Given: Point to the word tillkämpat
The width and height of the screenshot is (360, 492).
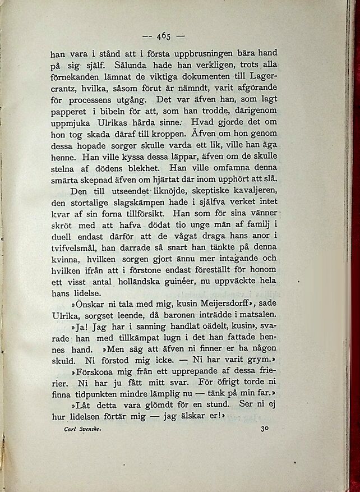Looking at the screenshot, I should pos(126,338).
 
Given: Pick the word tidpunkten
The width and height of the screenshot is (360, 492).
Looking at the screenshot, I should pos(99,394).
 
